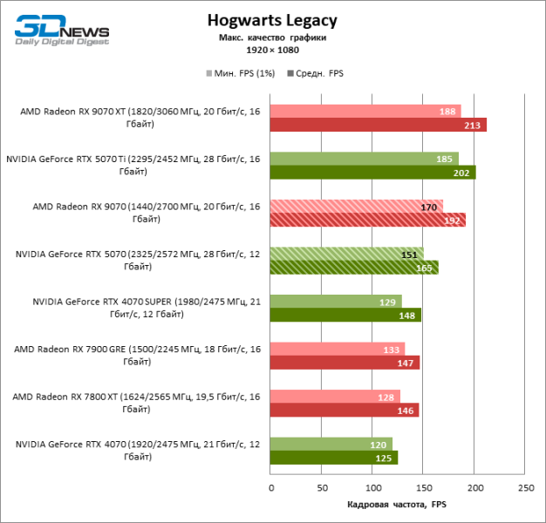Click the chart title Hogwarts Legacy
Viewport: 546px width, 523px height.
pos(272,21)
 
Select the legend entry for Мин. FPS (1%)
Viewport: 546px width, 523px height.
pos(240,74)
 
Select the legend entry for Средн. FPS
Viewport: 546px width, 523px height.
pos(319,74)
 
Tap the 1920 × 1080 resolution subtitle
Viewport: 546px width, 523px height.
pos(272,51)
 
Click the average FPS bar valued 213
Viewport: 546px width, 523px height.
pos(378,125)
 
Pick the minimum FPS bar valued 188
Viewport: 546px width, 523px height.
pos(365,111)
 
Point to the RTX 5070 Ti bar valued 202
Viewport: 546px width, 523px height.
pos(372,173)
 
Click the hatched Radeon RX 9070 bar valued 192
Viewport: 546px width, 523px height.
pos(367,220)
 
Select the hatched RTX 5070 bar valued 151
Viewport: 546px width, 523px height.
pos(346,254)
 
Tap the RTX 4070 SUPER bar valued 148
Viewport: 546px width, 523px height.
pos(345,315)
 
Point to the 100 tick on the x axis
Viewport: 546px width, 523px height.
pos(372,486)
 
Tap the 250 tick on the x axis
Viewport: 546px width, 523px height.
pos(525,486)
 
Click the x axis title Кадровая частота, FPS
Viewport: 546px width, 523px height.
pos(397,505)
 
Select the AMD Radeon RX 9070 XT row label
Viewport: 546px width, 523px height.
pos(140,118)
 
